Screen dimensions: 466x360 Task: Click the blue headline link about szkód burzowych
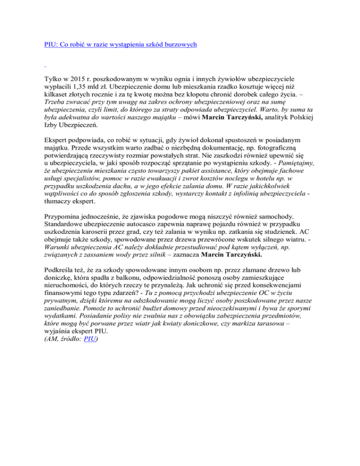pyautogui.click(x=118, y=45)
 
